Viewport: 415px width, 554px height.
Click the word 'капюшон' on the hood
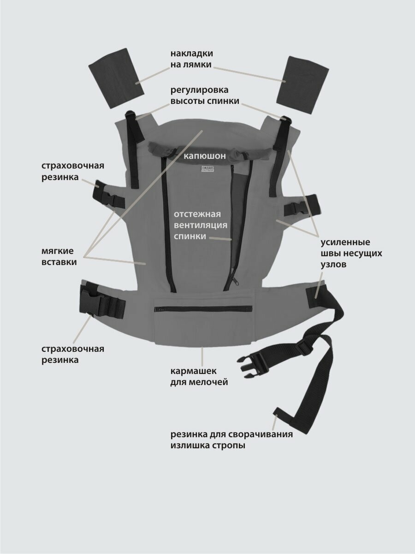click(205, 156)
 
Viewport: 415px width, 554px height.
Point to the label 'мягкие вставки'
click(59, 257)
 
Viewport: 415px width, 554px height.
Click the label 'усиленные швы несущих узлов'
click(351, 253)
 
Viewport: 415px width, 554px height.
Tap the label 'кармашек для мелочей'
click(199, 376)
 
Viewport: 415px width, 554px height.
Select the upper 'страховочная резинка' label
click(73, 171)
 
